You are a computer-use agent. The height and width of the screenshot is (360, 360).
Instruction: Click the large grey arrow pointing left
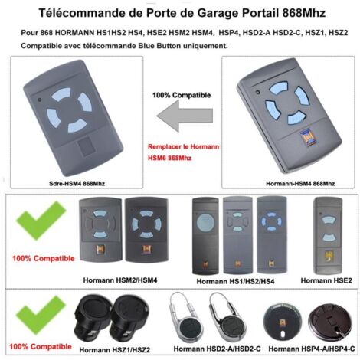pos(185,116)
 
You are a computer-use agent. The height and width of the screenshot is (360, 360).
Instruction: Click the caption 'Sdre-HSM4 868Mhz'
pos(77,183)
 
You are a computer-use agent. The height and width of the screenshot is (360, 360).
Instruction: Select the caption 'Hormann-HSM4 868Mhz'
pos(300,183)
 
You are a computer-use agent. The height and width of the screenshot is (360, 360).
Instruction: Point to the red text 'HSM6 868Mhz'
pos(169,158)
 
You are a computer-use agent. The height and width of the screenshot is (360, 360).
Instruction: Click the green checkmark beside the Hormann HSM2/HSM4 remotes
pos(41,221)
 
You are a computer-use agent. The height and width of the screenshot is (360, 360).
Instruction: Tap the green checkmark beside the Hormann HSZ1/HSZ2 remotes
pos(41,315)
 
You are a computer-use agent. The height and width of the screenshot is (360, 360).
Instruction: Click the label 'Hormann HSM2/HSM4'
pos(120,280)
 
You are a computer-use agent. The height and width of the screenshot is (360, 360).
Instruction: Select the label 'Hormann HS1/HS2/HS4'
pos(235,281)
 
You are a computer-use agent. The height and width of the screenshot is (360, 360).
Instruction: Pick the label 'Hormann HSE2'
pos(326,280)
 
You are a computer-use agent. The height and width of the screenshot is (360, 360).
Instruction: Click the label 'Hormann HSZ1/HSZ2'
pos(115,350)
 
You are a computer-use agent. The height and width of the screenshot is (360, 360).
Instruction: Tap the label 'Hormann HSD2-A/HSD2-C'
pos(218,349)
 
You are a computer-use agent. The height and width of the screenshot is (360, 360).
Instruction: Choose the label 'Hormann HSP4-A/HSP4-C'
pos(312,349)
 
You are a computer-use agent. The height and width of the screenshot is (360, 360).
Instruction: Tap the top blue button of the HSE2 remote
pos(329,220)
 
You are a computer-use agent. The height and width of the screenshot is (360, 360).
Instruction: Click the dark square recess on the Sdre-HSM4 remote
pos(86,146)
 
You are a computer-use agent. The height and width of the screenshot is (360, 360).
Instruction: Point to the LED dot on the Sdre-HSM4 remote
pos(39,100)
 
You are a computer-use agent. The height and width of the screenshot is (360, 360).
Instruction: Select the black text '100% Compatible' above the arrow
pos(182,95)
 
